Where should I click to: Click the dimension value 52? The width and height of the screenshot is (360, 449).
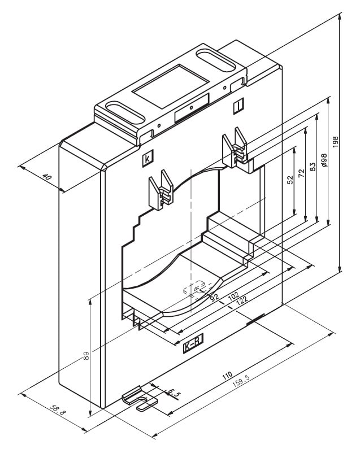click(x=290, y=180)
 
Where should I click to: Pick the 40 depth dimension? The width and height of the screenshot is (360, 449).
click(x=47, y=177)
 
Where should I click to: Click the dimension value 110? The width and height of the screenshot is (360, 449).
click(x=227, y=374)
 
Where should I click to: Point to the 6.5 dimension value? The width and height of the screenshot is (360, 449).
click(x=174, y=392)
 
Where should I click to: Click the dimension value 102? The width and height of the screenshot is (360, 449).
click(x=232, y=296)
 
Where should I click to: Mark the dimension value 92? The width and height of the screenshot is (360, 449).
click(x=214, y=297)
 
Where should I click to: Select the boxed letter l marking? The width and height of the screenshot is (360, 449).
click(x=239, y=106)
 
